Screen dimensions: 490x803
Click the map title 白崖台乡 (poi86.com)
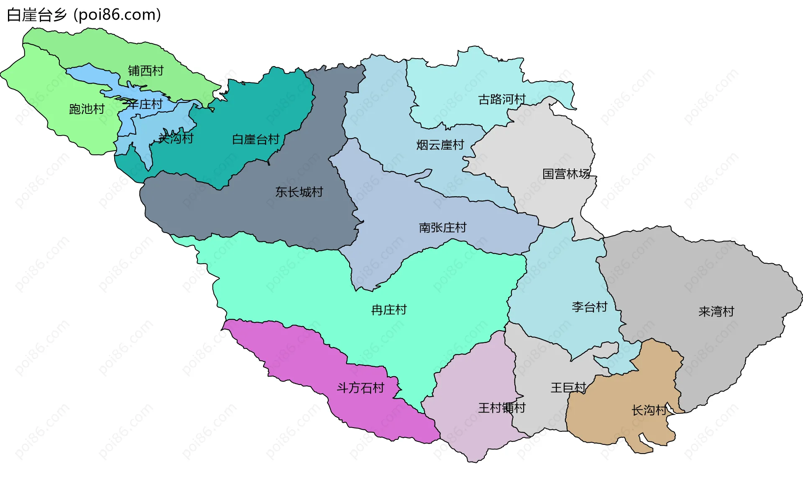click(84, 15)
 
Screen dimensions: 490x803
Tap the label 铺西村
click(146, 71)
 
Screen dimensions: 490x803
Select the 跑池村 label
click(87, 109)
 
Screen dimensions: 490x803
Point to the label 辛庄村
click(145, 104)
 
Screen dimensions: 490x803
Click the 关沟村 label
click(176, 138)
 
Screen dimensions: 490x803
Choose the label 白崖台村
click(256, 139)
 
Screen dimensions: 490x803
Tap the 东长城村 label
click(299, 192)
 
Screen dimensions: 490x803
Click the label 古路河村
click(502, 100)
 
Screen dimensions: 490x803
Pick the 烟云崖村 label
click(440, 145)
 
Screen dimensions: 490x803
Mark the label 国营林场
click(566, 174)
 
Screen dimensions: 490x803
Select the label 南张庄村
click(442, 228)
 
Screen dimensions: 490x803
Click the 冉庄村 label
click(389, 310)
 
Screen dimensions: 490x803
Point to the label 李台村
click(589, 307)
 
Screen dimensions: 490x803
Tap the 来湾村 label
click(716, 312)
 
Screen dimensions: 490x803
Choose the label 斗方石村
click(361, 388)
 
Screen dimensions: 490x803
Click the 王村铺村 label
click(501, 408)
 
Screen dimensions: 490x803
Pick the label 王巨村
click(568, 388)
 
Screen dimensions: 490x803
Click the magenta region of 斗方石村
click(293, 356)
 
